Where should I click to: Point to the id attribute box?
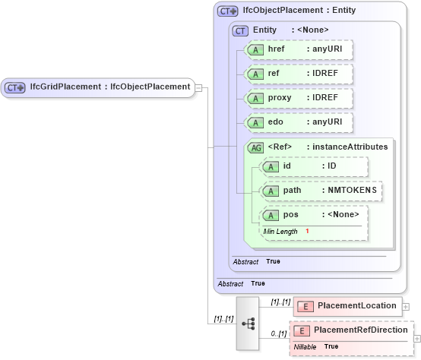tap(312, 166)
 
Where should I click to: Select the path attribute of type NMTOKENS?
tap(319, 191)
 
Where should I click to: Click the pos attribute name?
tap(290, 215)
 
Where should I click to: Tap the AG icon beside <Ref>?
tap(255, 147)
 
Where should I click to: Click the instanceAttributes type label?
tap(347, 147)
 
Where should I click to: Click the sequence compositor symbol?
tap(248, 323)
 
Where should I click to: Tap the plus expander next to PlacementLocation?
tap(405, 307)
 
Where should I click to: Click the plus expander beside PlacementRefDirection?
tap(416, 337)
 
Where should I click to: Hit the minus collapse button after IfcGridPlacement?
tap(198, 87)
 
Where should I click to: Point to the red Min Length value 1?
tap(308, 230)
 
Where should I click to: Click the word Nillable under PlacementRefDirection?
tap(305, 346)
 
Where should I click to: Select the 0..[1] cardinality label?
tap(278, 333)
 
